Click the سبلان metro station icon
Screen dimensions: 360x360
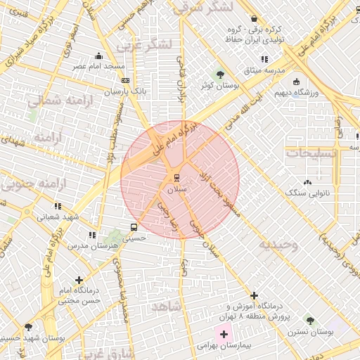point(176,176)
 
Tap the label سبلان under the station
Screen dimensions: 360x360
point(177,189)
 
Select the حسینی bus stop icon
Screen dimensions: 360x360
point(134,227)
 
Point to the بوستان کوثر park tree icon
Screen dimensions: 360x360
point(220,73)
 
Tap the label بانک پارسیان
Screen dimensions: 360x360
point(126,91)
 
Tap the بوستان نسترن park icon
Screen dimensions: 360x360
point(308,321)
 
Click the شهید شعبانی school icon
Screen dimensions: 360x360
point(57,206)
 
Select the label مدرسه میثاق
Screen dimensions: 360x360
point(264,70)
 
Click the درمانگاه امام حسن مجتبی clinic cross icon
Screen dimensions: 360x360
point(78,279)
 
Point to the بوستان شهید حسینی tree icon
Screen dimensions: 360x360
point(28,327)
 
